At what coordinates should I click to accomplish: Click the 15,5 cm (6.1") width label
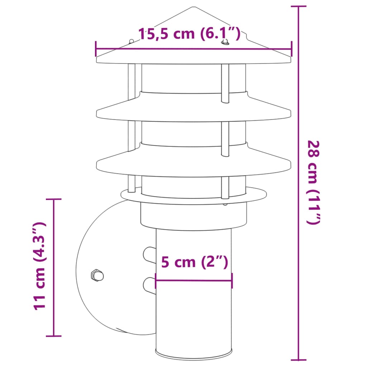tap(189, 34)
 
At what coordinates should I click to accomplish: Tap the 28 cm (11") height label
tap(313, 182)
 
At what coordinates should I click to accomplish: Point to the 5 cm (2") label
tap(194, 262)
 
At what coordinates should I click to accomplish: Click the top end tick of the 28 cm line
tap(298, 6)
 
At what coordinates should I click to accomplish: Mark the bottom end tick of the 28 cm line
tap(298, 359)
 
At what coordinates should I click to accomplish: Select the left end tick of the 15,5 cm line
tap(96, 49)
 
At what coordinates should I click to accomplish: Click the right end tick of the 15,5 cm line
tap(291, 49)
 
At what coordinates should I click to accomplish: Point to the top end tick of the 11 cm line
tap(54, 199)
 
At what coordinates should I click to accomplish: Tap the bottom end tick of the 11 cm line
tap(54, 336)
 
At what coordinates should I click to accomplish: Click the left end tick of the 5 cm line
tap(156, 281)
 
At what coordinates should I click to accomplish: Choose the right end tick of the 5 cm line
tap(232, 281)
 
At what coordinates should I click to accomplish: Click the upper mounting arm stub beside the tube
tap(149, 254)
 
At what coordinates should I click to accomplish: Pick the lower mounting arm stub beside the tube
tap(149, 285)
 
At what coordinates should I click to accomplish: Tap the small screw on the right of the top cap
tap(225, 43)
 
